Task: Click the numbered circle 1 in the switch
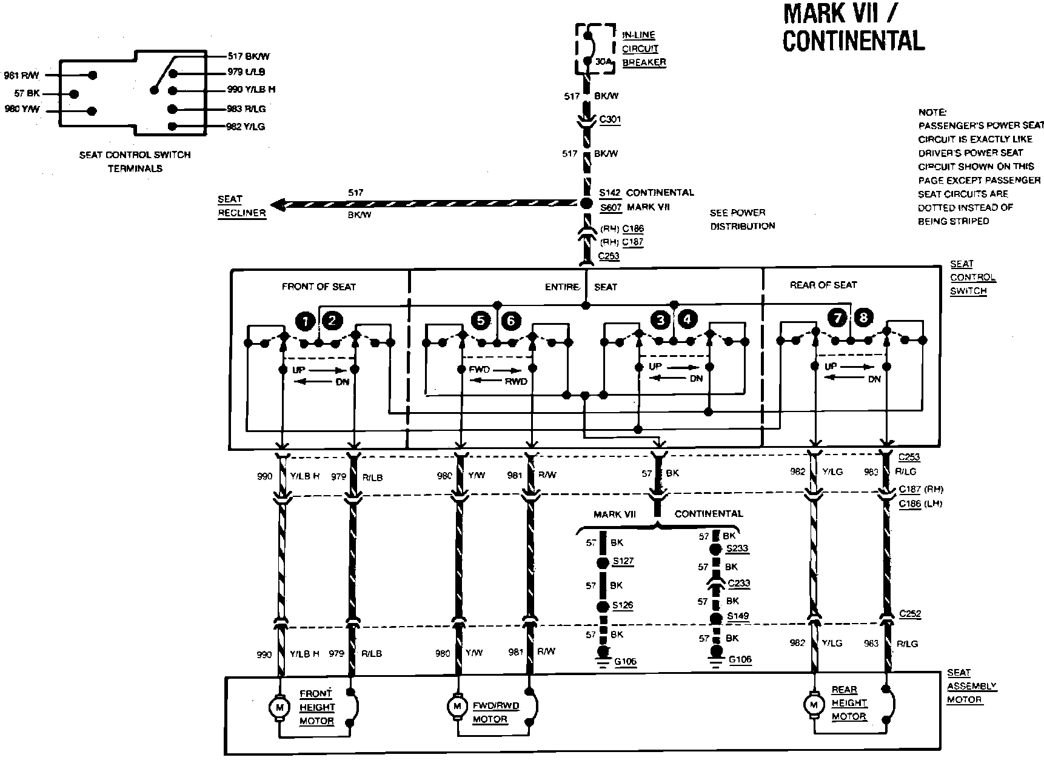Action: (x=305, y=321)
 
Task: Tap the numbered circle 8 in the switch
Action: (x=863, y=317)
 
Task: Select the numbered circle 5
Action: (x=481, y=320)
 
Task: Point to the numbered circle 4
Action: (x=688, y=319)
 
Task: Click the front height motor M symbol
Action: (x=279, y=707)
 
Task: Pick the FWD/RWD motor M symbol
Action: (x=456, y=706)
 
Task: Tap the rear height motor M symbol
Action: (x=812, y=704)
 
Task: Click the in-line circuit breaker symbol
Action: (x=587, y=49)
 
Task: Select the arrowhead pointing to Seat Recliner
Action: (x=277, y=205)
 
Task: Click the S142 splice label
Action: (x=610, y=193)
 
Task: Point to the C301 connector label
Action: (x=610, y=120)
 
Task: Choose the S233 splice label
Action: (x=737, y=548)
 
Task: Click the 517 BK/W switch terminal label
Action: (x=249, y=56)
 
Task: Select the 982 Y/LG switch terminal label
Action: (x=246, y=127)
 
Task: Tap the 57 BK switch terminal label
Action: (x=27, y=94)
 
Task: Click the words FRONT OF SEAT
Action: (x=319, y=287)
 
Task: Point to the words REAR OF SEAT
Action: (x=823, y=285)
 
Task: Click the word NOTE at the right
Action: (x=932, y=112)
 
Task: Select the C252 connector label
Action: (x=909, y=614)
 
